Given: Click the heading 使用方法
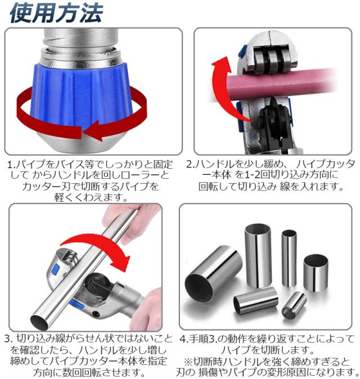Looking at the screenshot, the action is pos(56,13).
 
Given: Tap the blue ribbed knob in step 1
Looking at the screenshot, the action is pos(81,97).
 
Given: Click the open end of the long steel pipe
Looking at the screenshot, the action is pos(39,322).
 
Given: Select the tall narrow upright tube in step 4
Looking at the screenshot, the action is pos(289,258).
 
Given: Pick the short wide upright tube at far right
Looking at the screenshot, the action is pos(316,273).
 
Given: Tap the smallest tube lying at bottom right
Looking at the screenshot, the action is pos(294,305).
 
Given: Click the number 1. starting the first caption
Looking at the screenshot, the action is pos(11,165).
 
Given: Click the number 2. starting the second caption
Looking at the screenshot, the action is pos(191,164).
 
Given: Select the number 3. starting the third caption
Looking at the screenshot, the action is pos(8,339).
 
